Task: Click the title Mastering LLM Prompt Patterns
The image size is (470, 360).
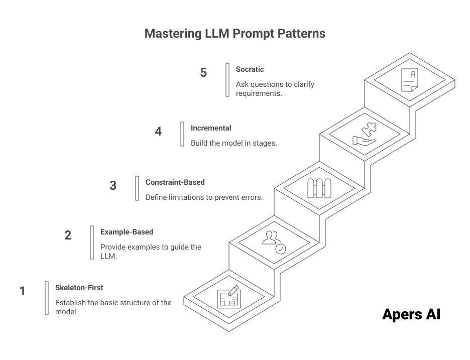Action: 234,34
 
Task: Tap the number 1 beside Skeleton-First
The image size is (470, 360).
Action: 22,291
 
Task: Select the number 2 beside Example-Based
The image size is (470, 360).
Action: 68,235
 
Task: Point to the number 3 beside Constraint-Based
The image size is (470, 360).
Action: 113,185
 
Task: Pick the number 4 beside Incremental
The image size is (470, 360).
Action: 158,132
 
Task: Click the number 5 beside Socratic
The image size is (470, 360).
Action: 203,73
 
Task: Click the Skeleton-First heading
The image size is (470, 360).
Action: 79,288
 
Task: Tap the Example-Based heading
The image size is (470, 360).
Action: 127,232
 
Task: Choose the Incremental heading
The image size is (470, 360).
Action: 211,128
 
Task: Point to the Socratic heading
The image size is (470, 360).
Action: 250,69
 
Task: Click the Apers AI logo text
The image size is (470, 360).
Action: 411,315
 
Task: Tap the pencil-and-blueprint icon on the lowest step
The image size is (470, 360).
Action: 228,297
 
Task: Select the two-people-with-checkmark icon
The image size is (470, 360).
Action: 274,243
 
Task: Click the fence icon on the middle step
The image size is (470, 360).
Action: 319,188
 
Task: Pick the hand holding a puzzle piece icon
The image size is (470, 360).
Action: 365,134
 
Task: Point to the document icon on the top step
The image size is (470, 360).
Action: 409,80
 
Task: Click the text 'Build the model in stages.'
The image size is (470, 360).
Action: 233,143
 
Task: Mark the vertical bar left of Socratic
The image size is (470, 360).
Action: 227,79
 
